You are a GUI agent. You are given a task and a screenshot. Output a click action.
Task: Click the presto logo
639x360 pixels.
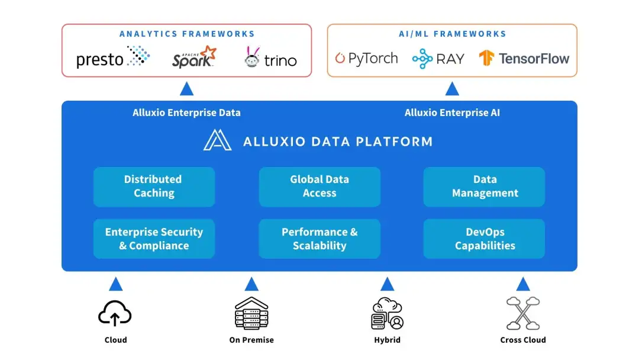(x=113, y=57)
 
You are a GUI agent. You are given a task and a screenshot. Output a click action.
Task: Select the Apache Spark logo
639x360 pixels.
(x=194, y=57)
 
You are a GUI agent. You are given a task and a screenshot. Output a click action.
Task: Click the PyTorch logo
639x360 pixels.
(x=366, y=58)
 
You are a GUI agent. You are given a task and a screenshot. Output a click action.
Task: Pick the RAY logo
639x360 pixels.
(x=438, y=58)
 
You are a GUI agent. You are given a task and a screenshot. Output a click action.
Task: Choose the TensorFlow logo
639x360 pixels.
(x=524, y=58)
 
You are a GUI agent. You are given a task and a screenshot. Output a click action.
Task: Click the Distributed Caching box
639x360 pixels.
(x=154, y=187)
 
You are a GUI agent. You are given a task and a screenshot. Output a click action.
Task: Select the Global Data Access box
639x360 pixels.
(x=319, y=187)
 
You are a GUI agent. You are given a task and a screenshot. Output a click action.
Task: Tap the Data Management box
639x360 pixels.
(x=485, y=187)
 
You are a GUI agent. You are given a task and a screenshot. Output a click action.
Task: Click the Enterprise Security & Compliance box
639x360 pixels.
(x=154, y=239)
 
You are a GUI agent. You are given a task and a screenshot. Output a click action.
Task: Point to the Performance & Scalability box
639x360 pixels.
(x=319, y=239)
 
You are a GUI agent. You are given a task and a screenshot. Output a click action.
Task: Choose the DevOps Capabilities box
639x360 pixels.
(x=485, y=239)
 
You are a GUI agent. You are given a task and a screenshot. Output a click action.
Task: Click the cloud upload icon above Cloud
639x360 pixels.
(x=115, y=313)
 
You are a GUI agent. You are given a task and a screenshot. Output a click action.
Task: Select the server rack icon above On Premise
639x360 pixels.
(x=251, y=313)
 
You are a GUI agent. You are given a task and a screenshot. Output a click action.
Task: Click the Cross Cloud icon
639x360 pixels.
(x=523, y=313)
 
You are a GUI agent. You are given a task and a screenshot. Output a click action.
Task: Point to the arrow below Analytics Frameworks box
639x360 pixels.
(x=187, y=89)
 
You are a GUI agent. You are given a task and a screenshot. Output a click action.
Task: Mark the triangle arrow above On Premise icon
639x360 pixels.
(x=251, y=284)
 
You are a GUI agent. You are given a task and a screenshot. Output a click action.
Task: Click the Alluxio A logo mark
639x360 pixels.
(x=217, y=140)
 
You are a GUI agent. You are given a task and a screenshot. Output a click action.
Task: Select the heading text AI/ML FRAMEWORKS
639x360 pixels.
(x=452, y=34)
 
